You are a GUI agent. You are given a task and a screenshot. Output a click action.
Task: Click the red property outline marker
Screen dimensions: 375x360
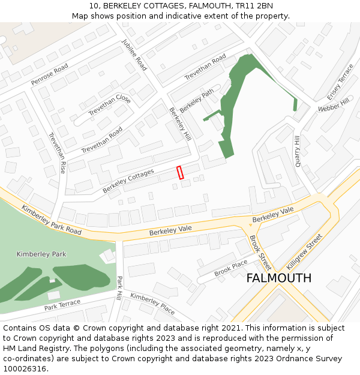pyautogui.click(x=179, y=172)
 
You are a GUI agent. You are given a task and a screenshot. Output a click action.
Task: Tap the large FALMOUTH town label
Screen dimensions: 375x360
pyautogui.click(x=279, y=278)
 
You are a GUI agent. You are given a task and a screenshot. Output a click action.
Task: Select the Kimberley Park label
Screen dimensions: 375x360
pyautogui.click(x=41, y=254)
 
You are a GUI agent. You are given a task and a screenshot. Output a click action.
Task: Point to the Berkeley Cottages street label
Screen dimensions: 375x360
pyautogui.click(x=128, y=181)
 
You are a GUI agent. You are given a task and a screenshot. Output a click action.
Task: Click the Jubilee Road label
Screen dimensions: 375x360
pyautogui.click(x=134, y=55)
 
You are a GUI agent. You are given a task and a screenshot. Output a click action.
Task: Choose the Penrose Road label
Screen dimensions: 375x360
pyautogui.click(x=50, y=74)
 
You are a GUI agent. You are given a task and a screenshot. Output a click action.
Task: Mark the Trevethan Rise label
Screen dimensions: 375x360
pyautogui.click(x=56, y=153)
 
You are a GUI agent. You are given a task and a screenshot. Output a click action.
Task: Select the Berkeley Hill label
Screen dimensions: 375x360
pyautogui.click(x=180, y=124)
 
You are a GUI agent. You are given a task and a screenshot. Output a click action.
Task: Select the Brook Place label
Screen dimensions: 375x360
pyautogui.click(x=231, y=268)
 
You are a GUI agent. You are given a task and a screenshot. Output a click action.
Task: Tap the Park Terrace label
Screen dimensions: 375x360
pyautogui.click(x=62, y=305)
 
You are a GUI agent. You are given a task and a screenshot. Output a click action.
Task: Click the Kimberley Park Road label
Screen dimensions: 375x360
pyautogui.click(x=52, y=220)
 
